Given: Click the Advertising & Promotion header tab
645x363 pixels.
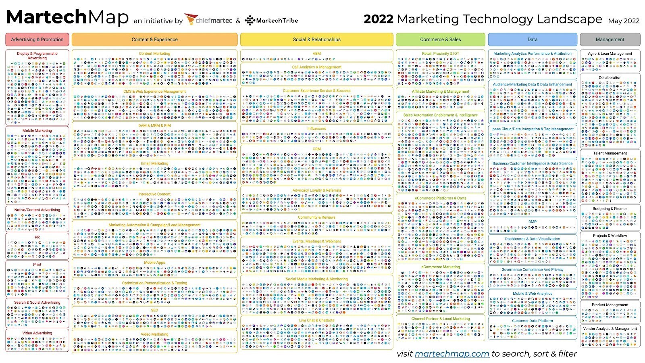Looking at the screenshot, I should pyautogui.click(x=37, y=40).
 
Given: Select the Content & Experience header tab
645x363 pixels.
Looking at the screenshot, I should pyautogui.click(x=154, y=40).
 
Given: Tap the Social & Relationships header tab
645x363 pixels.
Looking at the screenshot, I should pyautogui.click(x=316, y=40).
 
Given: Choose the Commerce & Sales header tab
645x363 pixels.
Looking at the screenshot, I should pyautogui.click(x=440, y=40).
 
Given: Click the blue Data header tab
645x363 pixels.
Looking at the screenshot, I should pyautogui.click(x=532, y=40).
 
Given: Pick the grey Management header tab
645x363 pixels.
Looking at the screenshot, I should pyautogui.click(x=610, y=40).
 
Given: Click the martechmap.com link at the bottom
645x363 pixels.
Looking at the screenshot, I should pyautogui.click(x=451, y=354).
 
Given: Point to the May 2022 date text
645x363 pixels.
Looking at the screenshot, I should pyautogui.click(x=624, y=21).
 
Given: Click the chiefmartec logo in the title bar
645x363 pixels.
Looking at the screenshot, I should pyautogui.click(x=208, y=20).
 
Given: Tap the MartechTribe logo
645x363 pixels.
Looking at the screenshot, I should pyautogui.click(x=272, y=20).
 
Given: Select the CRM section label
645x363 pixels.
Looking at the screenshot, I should pyautogui.click(x=316, y=149).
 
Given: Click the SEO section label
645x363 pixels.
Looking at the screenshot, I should pyautogui.click(x=154, y=310).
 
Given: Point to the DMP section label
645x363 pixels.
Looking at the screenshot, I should pyautogui.click(x=532, y=221).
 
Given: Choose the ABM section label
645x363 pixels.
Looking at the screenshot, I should pyautogui.click(x=316, y=53).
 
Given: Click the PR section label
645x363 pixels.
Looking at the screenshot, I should pyautogui.click(x=37, y=237).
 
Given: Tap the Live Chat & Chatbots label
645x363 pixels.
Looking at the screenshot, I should pyautogui.click(x=316, y=320).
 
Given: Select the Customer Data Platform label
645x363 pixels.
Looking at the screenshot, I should pyautogui.click(x=532, y=321).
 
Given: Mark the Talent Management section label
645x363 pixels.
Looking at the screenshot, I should pyautogui.click(x=610, y=153).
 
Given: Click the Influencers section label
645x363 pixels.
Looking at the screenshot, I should pyautogui.click(x=316, y=128).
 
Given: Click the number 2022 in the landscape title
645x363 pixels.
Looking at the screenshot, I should pyautogui.click(x=378, y=19).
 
